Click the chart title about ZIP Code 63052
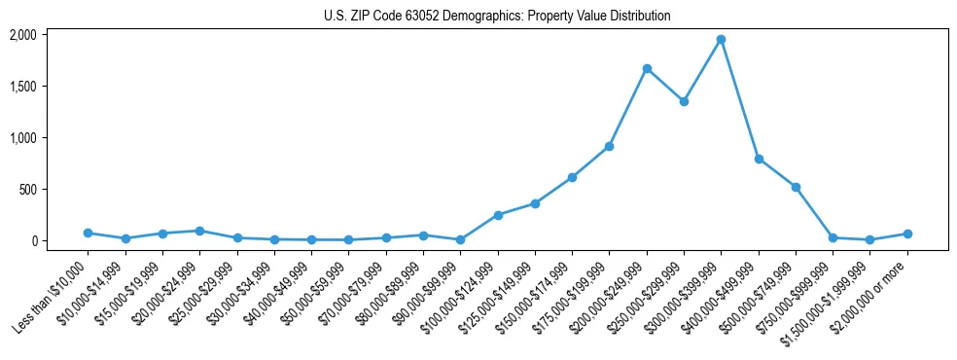pyautogui.click(x=483, y=16)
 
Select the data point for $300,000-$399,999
pyautogui.click(x=721, y=40)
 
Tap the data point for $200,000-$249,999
pyautogui.click(x=647, y=69)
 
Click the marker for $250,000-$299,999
pyautogui.click(x=684, y=101)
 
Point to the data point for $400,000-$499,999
pyautogui.click(x=759, y=159)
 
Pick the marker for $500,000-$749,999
pyautogui.click(x=796, y=187)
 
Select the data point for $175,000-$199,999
pyautogui.click(x=609, y=146)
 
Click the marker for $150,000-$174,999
pyautogui.click(x=572, y=177)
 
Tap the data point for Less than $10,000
pyautogui.click(x=88, y=233)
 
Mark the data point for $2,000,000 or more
pyautogui.click(x=907, y=234)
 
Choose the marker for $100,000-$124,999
pyautogui.click(x=498, y=215)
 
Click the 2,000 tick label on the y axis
pyautogui.click(x=22, y=35)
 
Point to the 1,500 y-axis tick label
pyautogui.click(x=22, y=87)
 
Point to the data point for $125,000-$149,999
pyautogui.click(x=535, y=203)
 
